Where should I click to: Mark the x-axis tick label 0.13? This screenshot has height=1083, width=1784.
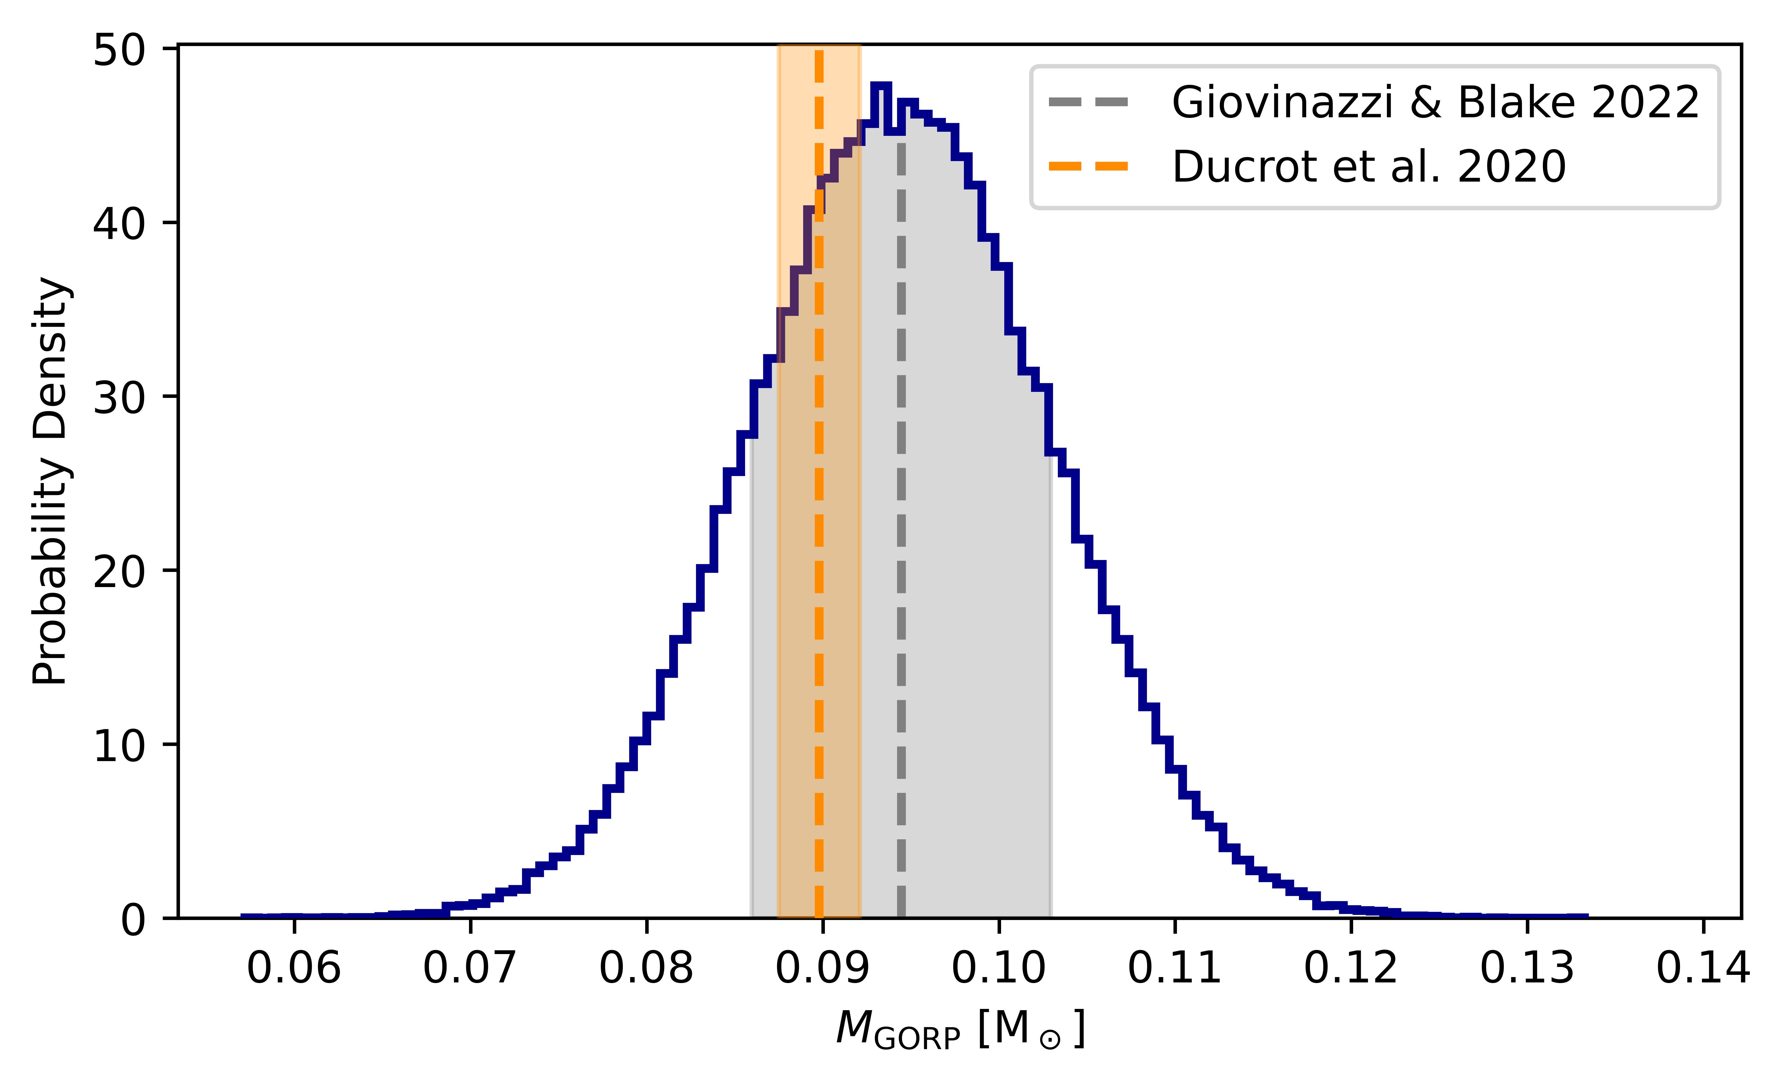pyautogui.click(x=1527, y=969)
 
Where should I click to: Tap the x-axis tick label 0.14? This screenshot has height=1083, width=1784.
pyautogui.click(x=1703, y=969)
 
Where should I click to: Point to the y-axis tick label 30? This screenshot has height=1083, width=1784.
pyautogui.click(x=119, y=398)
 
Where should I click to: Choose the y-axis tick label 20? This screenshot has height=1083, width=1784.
pyautogui.click(x=119, y=572)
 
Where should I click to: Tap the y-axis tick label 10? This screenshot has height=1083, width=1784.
pyautogui.click(x=119, y=745)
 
